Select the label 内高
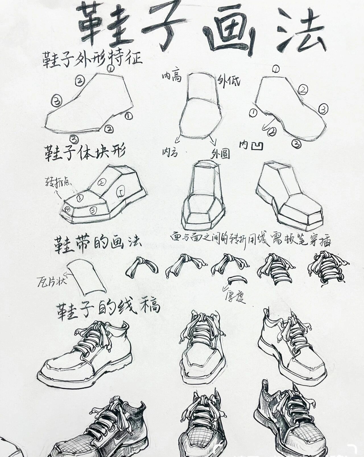tap(172, 76)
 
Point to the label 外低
tap(229, 81)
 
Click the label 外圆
tap(220, 154)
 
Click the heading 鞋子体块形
tap(84, 153)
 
